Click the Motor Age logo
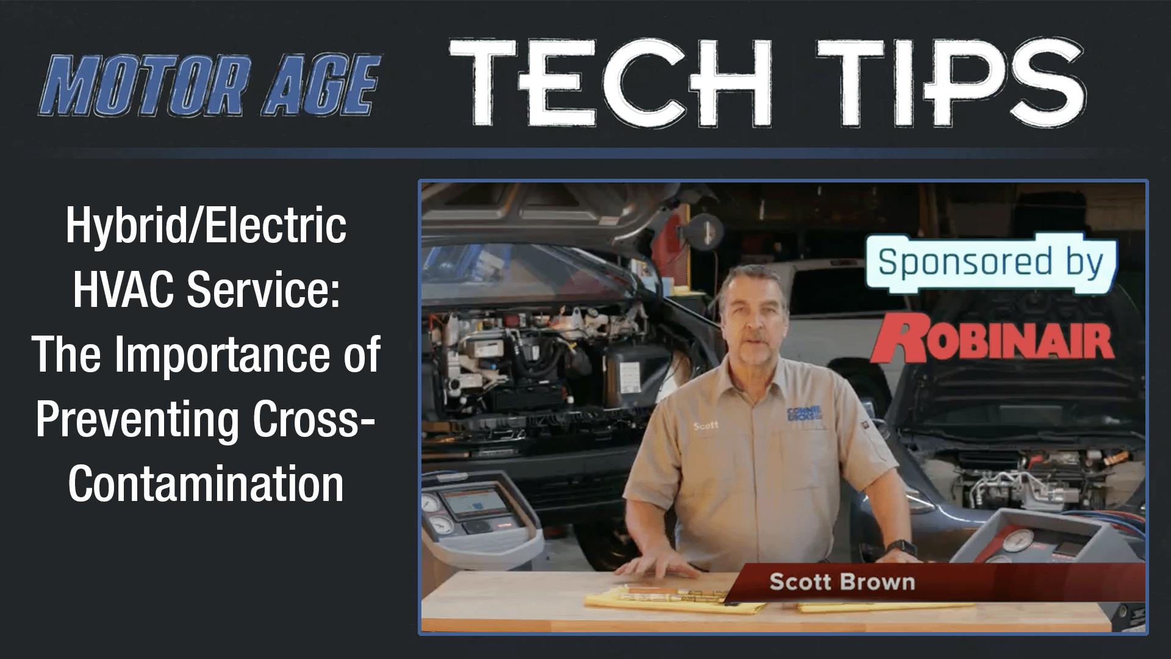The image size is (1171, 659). point(210,87)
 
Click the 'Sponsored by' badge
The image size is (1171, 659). point(990,262)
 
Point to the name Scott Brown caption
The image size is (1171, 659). point(842,582)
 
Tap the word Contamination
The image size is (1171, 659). point(206,484)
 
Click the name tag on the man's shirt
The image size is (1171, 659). point(706,426)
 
